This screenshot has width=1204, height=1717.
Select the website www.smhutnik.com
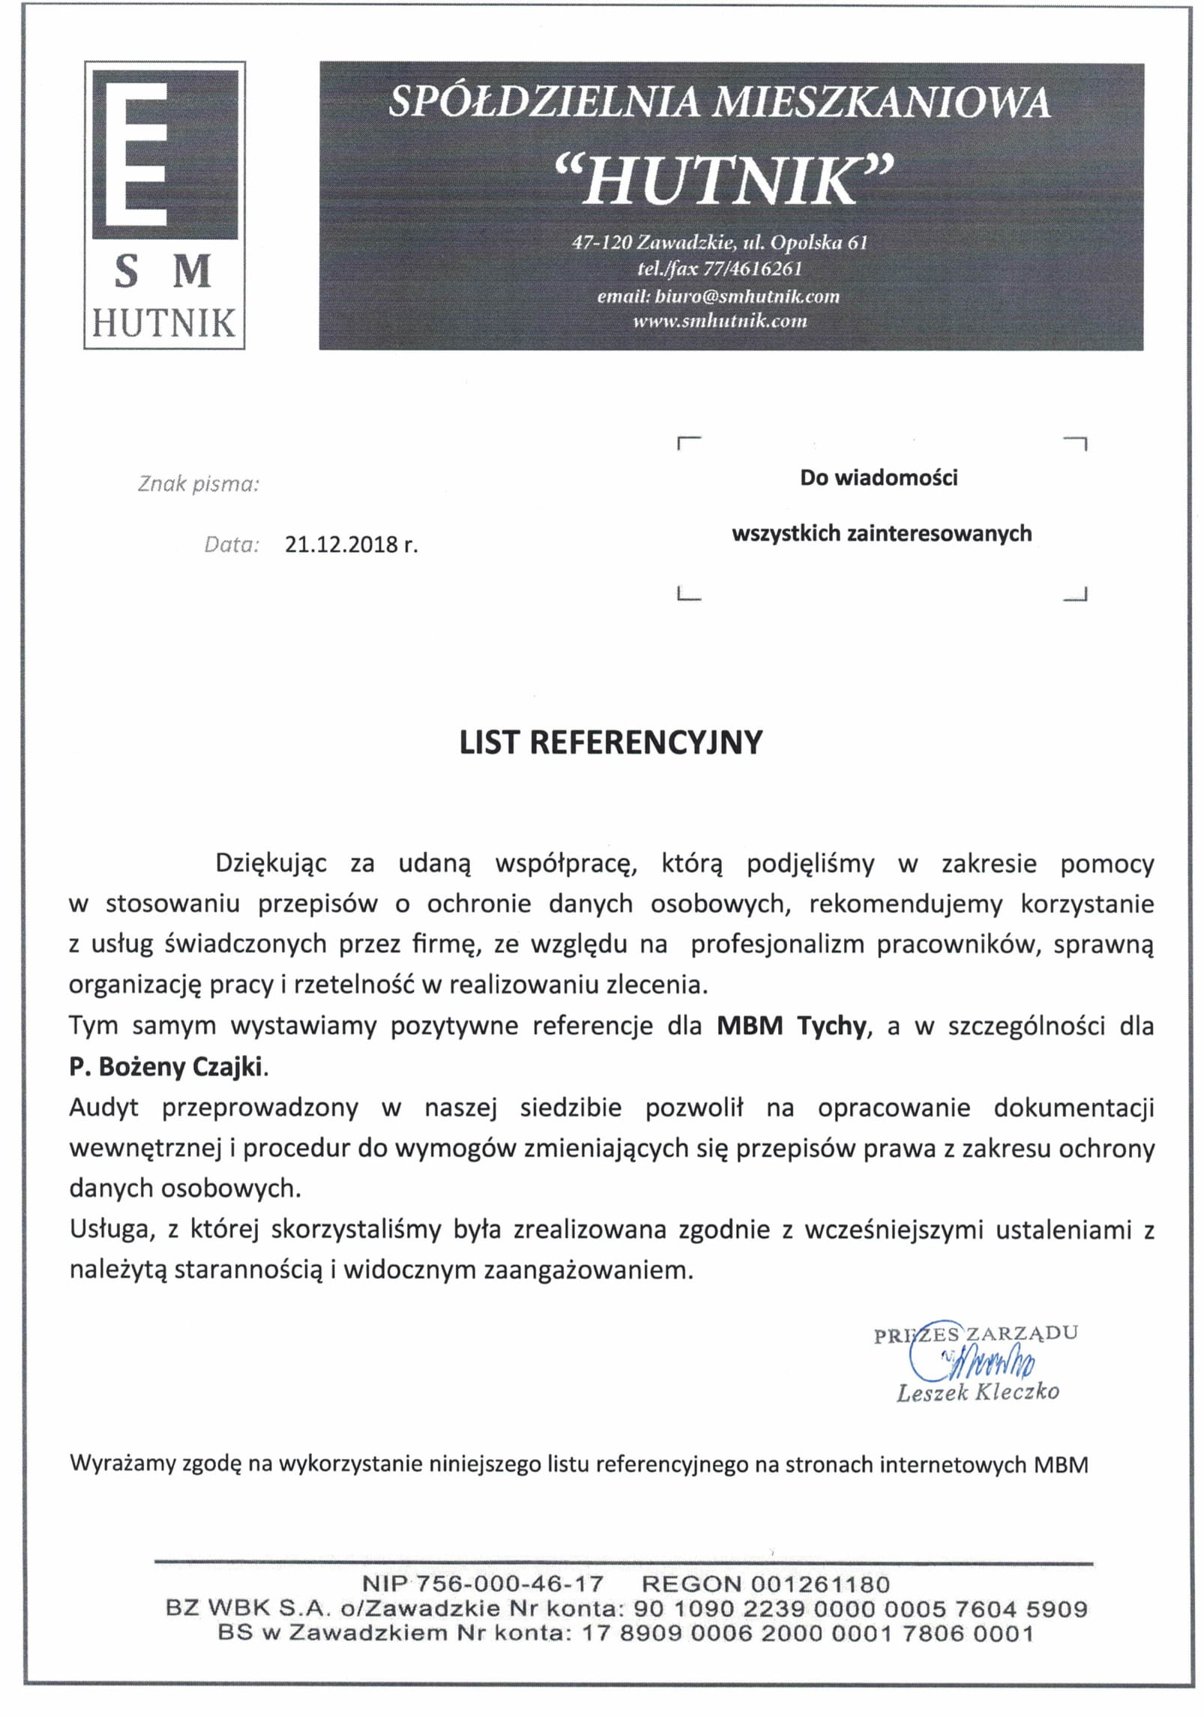tap(720, 322)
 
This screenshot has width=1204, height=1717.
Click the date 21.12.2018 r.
tap(351, 544)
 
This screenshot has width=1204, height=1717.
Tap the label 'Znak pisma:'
tap(198, 484)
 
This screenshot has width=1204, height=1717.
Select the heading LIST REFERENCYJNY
tap(610, 742)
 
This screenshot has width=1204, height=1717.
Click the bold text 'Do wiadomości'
tap(879, 478)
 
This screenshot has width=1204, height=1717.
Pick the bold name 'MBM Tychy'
tap(791, 1026)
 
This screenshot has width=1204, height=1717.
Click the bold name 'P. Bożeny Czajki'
tap(166, 1067)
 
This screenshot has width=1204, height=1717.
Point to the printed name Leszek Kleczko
tap(978, 1392)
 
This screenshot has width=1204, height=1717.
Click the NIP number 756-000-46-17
tap(509, 1584)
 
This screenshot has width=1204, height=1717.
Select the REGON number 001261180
tap(819, 1584)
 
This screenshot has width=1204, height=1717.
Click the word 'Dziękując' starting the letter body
tap(271, 864)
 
